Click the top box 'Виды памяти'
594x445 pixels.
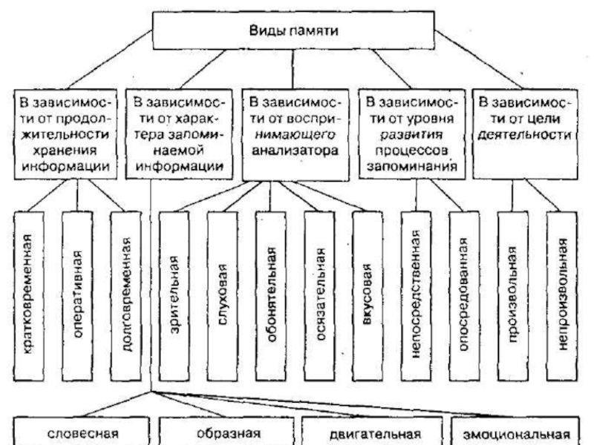pyautogui.click(x=293, y=30)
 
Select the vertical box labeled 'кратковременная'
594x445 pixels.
pyautogui.click(x=29, y=296)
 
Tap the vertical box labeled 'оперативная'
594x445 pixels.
pyautogui.click(x=77, y=296)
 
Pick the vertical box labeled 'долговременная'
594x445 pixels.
pyautogui.click(x=125, y=296)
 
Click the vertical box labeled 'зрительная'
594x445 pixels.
pyautogui.click(x=174, y=296)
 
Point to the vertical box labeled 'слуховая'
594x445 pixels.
pyautogui.click(x=222, y=296)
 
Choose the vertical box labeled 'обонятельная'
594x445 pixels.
pyautogui.click(x=271, y=296)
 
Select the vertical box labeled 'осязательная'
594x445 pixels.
pyautogui.click(x=319, y=296)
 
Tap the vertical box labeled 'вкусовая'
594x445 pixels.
pyautogui.click(x=368, y=296)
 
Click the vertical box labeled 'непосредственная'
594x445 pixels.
pyautogui.click(x=416, y=296)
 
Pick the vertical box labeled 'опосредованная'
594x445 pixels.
pyautogui.click(x=465, y=296)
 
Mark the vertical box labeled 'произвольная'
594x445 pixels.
pyautogui.click(x=513, y=296)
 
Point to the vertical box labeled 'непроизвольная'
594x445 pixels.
pyautogui.click(x=562, y=296)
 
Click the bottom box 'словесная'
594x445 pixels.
pyautogui.click(x=82, y=431)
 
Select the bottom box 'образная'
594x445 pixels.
pyautogui.click(x=226, y=431)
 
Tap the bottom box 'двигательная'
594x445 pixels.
pyautogui.click(x=372, y=431)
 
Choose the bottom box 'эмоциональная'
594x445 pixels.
pyautogui.click(x=515, y=431)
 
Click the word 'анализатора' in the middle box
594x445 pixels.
pyautogui.click(x=295, y=151)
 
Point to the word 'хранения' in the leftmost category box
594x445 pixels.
pyautogui.click(x=65, y=151)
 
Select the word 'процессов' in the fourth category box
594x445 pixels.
pyautogui.click(x=412, y=151)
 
